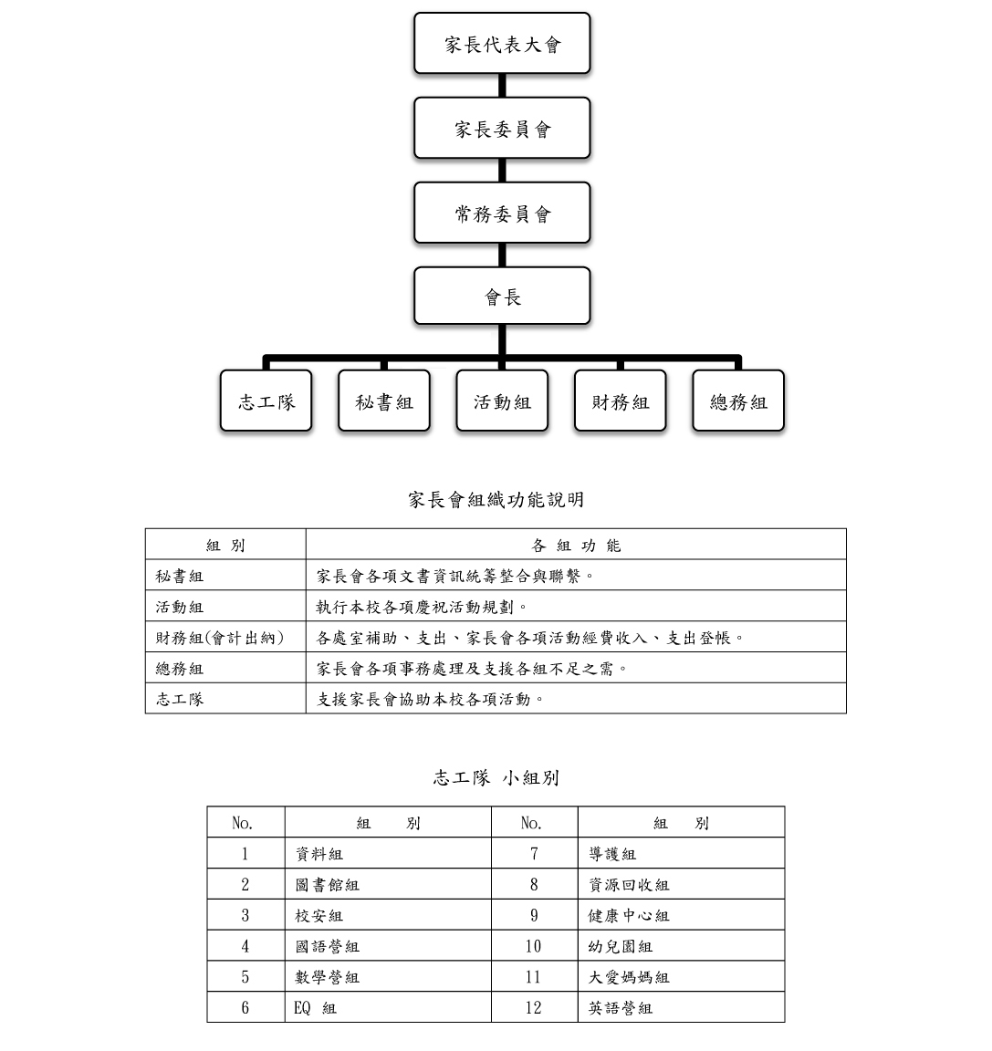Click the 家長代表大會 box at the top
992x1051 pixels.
click(x=502, y=43)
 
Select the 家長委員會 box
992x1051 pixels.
click(x=502, y=128)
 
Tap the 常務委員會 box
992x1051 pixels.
click(x=502, y=213)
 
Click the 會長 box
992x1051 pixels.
click(x=502, y=296)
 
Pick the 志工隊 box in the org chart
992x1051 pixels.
click(x=266, y=401)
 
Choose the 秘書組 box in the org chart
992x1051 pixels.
click(x=384, y=401)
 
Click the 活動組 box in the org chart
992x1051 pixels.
click(x=502, y=401)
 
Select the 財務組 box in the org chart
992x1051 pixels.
click(x=620, y=401)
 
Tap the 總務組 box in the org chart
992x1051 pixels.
click(x=738, y=401)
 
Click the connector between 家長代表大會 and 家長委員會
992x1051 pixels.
click(x=502, y=86)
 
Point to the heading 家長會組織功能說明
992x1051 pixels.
click(x=496, y=499)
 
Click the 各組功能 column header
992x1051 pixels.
click(x=576, y=545)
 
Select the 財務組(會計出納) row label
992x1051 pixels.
click(x=220, y=638)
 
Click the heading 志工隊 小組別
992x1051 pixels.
click(x=496, y=777)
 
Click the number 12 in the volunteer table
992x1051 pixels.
click(x=534, y=1007)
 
